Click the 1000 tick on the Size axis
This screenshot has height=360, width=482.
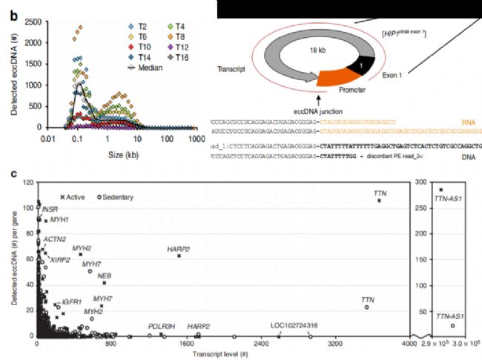tap(195, 138)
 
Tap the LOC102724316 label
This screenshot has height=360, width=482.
tap(294, 325)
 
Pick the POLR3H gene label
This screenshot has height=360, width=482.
tap(161, 326)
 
